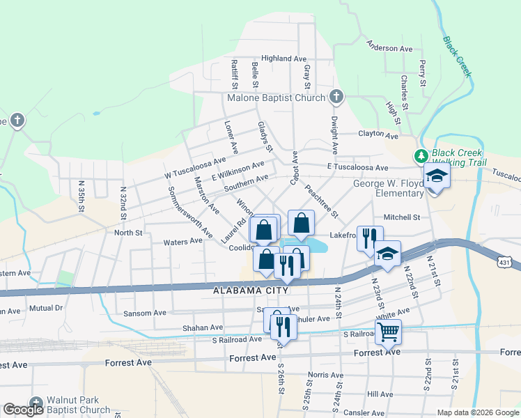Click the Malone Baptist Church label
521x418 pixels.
tap(276, 98)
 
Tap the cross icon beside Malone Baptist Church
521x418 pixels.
tap(336, 96)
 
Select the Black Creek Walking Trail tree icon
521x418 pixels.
tap(421, 155)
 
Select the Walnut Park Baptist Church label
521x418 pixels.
tap(77, 405)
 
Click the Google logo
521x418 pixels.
tap(23, 410)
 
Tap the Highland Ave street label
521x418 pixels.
tap(284, 59)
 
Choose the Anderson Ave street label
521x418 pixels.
tap(390, 49)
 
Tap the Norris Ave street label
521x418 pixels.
tap(326, 376)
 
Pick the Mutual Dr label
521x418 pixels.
tap(45, 307)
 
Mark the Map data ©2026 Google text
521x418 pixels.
tap(477, 412)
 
